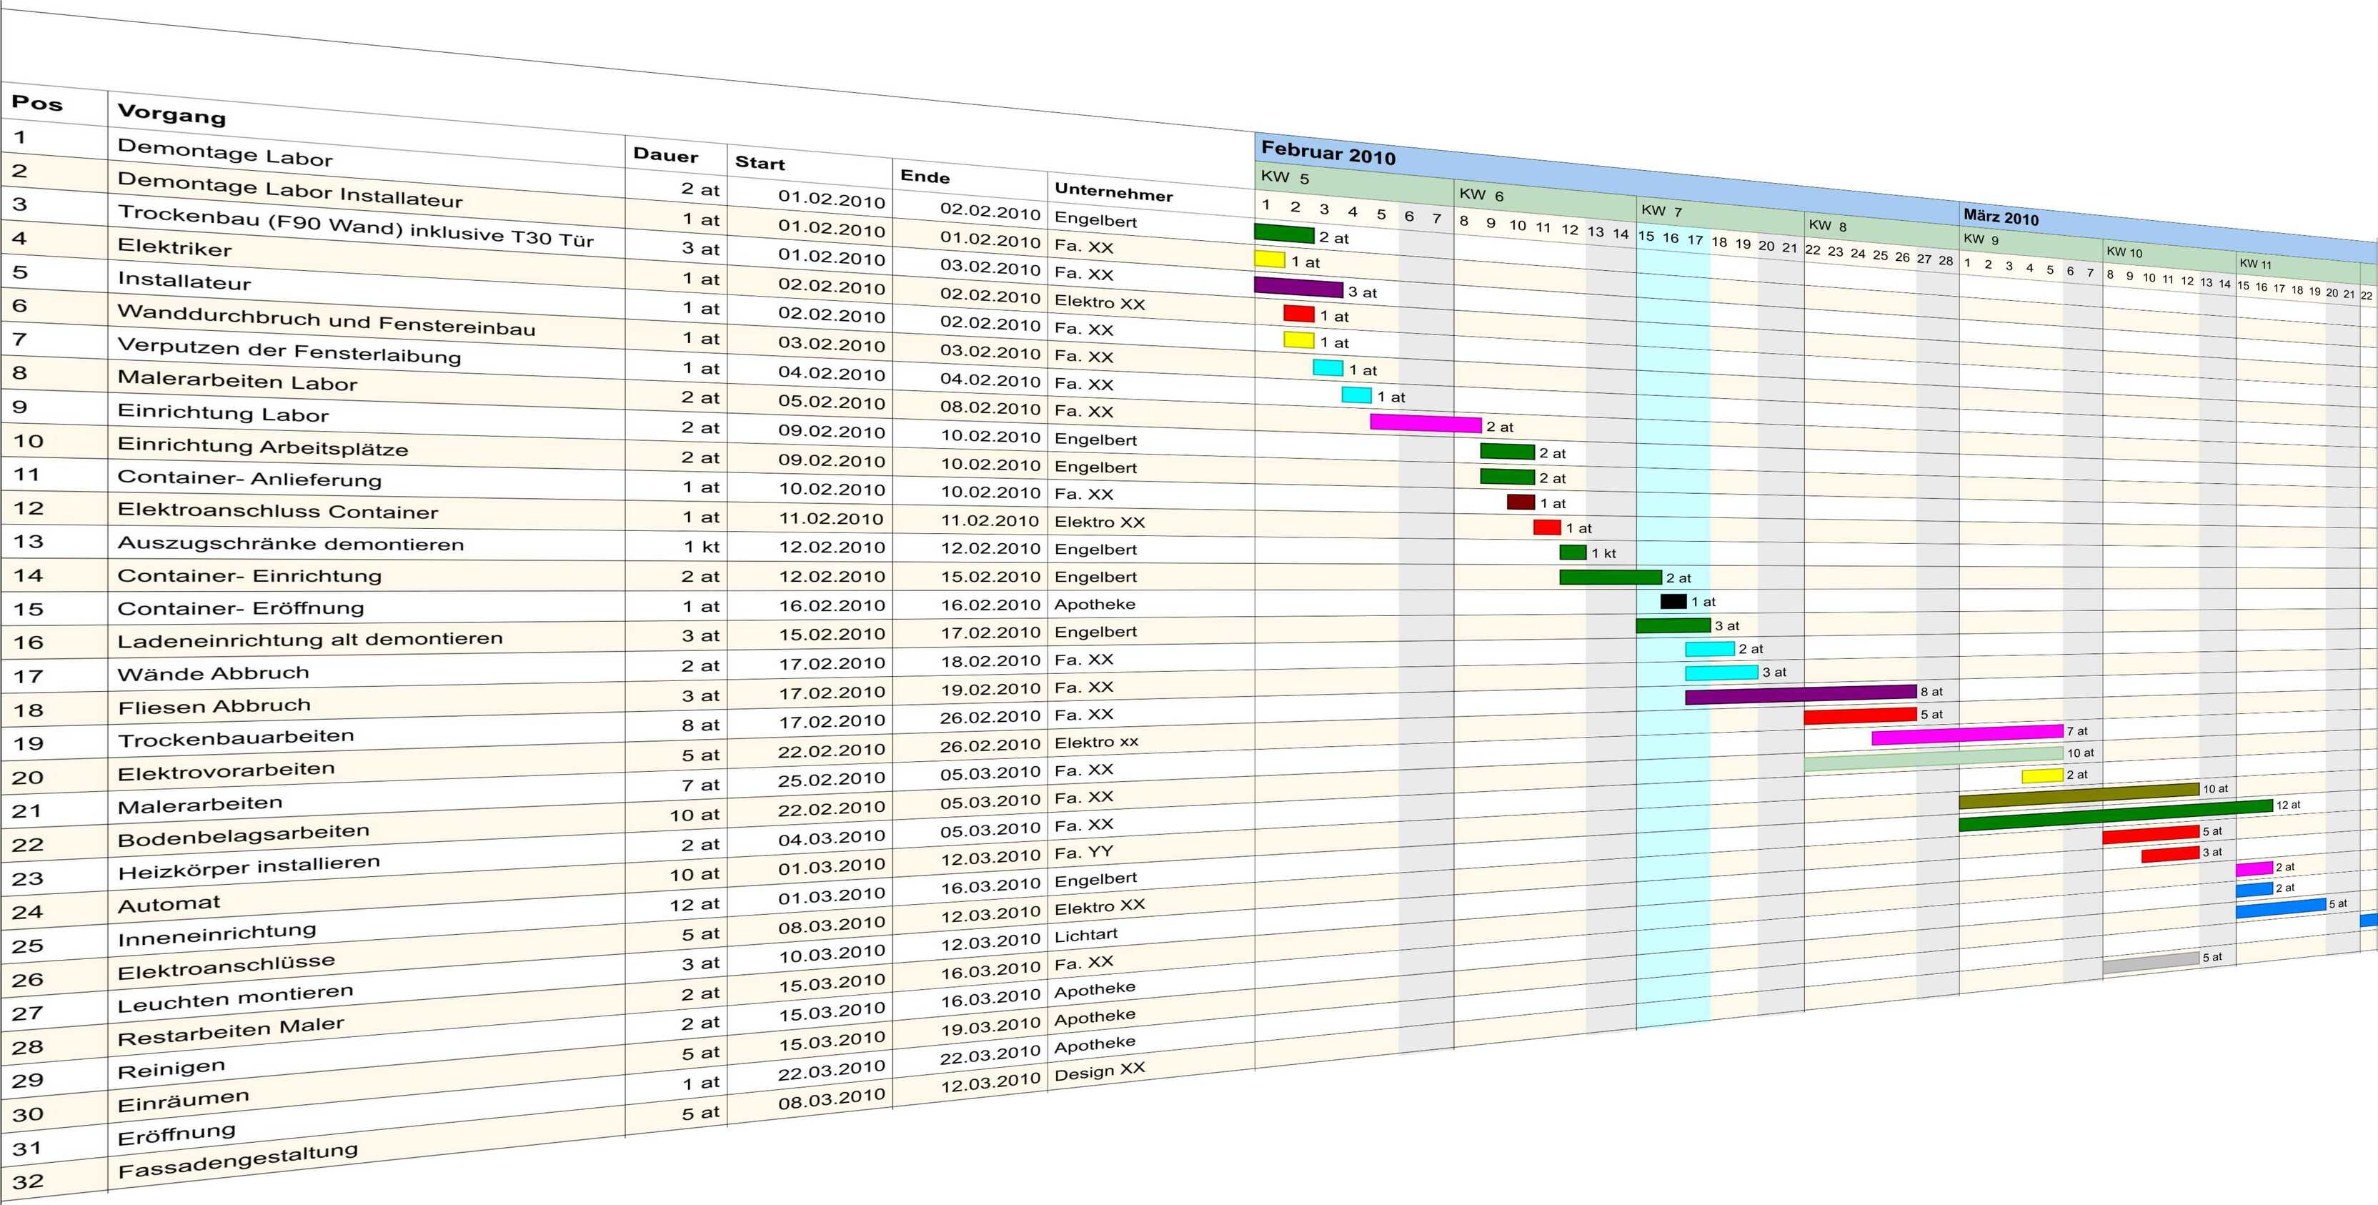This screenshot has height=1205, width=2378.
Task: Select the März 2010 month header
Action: pos(2001,218)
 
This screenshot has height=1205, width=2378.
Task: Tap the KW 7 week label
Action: pos(1661,211)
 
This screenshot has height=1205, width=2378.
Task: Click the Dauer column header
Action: pos(665,155)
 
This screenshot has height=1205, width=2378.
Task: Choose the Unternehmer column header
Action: pos(1113,192)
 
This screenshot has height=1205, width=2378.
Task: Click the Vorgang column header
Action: pos(171,114)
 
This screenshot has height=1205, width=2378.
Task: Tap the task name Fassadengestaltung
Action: pos(237,1161)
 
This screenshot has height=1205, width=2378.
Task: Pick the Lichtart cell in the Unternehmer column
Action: pos(1085,934)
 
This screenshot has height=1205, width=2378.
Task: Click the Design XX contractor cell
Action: pos(1100,1071)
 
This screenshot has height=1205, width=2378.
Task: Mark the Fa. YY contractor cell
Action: pos(1084,852)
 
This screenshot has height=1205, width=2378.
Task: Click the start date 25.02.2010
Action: pos(831,778)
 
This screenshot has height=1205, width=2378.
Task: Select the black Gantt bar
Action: pos(1673,601)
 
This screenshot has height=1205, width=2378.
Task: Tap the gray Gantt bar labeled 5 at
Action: pos(2150,962)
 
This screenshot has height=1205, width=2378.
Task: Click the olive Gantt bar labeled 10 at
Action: pos(2078,795)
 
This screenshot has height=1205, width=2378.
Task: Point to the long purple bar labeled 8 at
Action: pos(1799,693)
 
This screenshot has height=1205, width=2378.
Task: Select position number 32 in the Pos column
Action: pos(28,1181)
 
